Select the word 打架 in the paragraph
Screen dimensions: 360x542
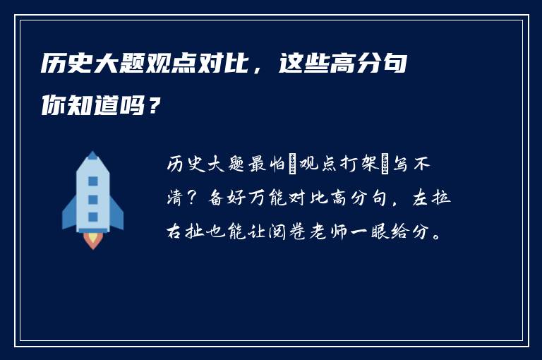tap(374, 165)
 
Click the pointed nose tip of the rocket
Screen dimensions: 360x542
tap(92, 153)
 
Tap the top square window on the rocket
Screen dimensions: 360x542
tap(92, 181)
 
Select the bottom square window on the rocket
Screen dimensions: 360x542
tap(92, 215)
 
